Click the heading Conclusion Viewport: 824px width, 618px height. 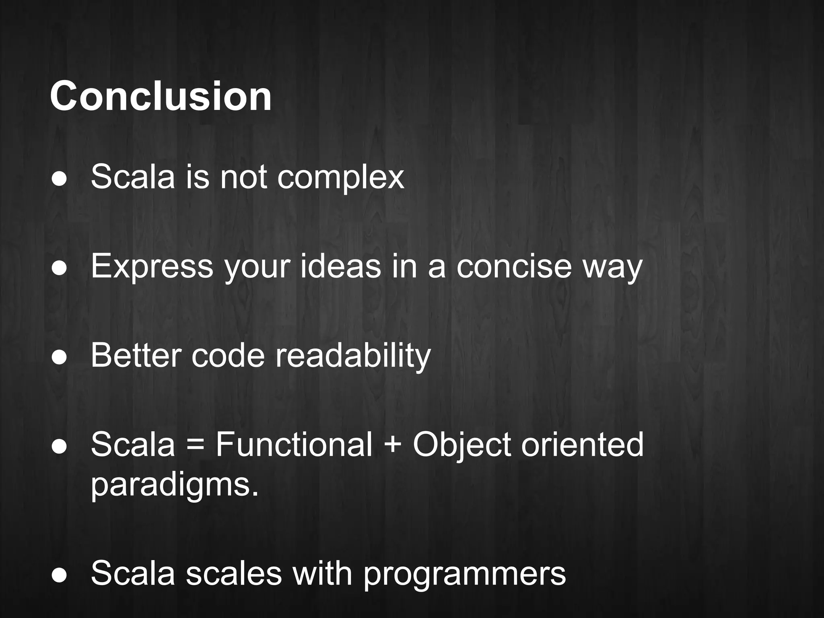[x=161, y=97]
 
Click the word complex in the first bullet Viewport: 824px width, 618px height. [x=340, y=177]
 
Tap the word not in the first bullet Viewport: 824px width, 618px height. [x=243, y=177]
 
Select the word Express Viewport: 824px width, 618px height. [x=152, y=266]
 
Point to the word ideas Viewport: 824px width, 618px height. [x=340, y=266]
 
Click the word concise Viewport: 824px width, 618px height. [x=514, y=266]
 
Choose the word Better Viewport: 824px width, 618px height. [x=136, y=355]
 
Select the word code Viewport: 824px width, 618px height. [x=228, y=355]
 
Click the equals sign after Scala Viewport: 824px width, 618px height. [x=196, y=445]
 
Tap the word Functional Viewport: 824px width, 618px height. [x=294, y=444]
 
